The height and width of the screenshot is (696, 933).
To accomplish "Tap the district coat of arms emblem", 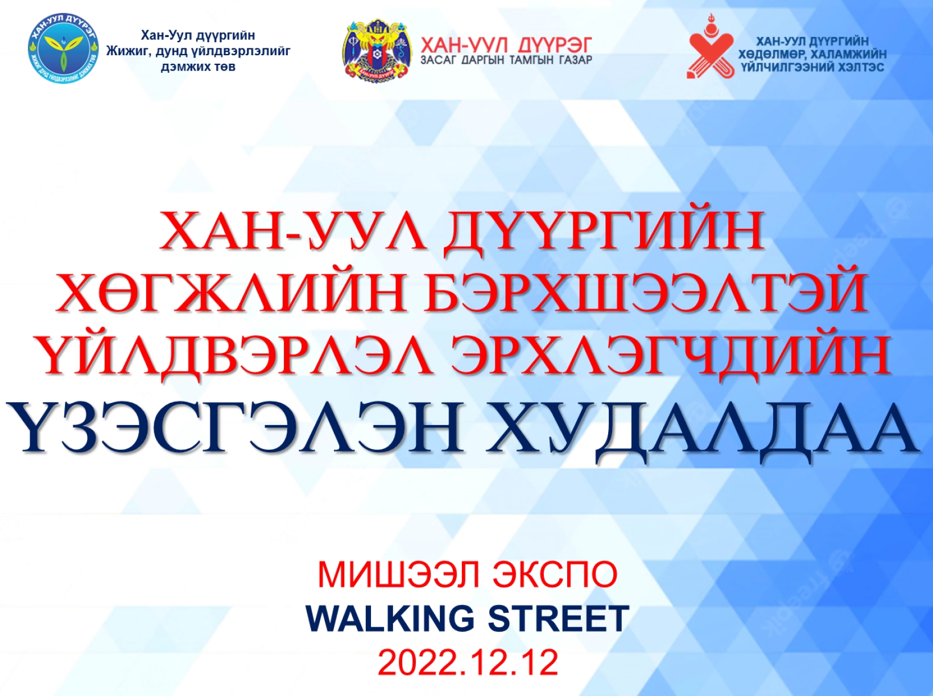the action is tap(377, 50).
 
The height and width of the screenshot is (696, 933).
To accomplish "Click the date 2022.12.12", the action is tap(468, 662).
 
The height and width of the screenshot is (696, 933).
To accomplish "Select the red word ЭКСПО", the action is tap(555, 575).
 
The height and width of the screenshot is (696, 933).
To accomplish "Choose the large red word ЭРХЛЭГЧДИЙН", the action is tap(670, 357).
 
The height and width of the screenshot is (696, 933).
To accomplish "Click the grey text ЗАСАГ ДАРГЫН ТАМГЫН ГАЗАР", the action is tap(506, 60).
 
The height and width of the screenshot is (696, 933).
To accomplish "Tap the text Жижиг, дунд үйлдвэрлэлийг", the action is tap(199, 51).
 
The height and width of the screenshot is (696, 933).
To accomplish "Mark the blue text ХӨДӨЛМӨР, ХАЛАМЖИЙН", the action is tap(812, 55).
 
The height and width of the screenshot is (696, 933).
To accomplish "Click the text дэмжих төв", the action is tap(198, 67).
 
